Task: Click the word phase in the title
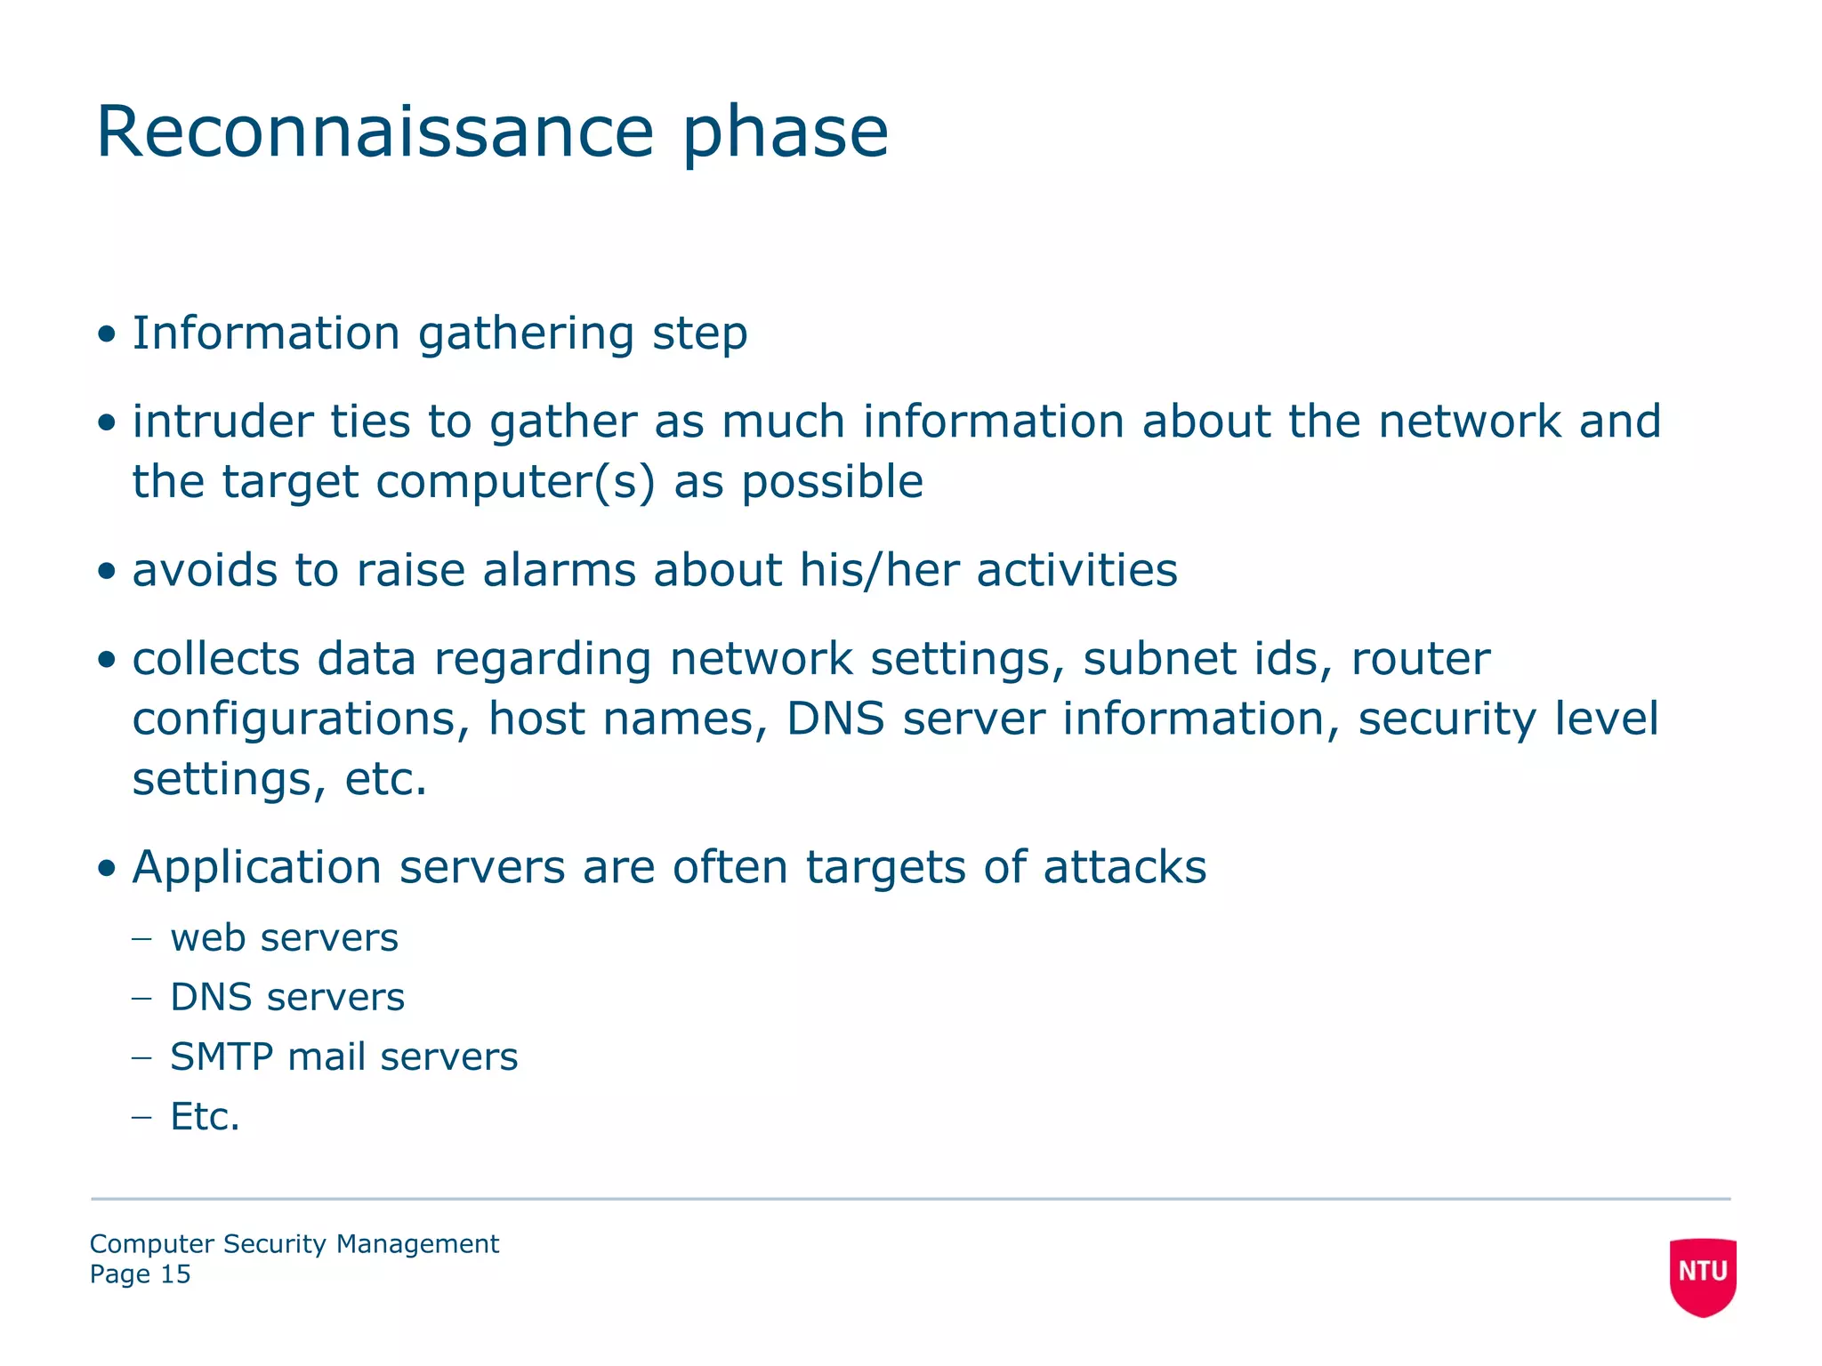point(785,133)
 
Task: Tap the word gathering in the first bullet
point(525,334)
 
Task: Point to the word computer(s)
point(515,482)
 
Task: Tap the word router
point(1420,659)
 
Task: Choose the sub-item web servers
point(284,938)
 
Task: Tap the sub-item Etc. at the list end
point(205,1117)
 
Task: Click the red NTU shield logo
point(1702,1275)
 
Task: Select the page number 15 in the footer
point(175,1274)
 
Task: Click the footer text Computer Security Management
point(294,1244)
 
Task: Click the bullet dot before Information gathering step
point(107,335)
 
